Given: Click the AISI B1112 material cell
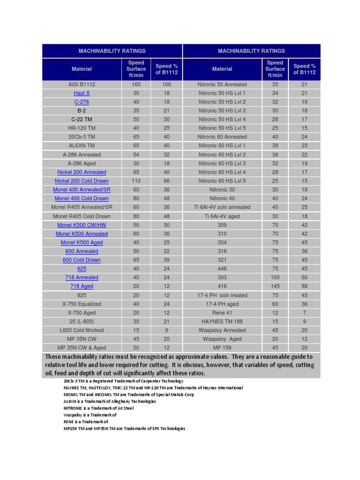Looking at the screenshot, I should point(82,84).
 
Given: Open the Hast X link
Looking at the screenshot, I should point(82,93).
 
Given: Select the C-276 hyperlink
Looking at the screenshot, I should point(82,102).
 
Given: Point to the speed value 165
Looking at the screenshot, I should point(136,84).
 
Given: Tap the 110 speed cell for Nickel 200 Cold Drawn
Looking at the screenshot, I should point(136,181).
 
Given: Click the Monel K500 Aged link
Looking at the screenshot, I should point(82,242).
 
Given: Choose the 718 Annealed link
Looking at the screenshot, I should point(82,277).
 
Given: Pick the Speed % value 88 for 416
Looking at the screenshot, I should point(304,286).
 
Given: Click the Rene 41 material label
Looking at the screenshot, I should point(222,313).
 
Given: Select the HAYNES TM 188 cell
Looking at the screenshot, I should point(222,322).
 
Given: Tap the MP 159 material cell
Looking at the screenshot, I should point(222,348).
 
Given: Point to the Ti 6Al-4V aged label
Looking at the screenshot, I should point(222,216).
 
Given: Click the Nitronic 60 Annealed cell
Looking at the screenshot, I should point(222,137).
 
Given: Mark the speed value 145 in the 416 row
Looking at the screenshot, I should point(275,286).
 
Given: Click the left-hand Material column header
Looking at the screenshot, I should point(82,69).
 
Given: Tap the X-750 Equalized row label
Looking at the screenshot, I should point(82,304).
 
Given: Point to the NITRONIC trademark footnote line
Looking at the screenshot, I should point(98,408).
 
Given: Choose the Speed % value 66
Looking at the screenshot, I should point(166,181).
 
